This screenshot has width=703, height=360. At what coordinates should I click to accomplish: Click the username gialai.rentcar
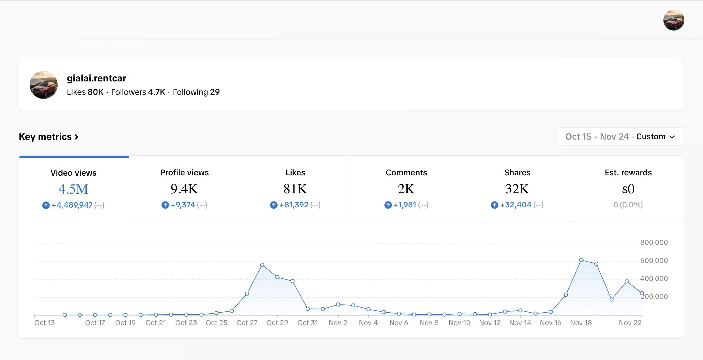coord(96,78)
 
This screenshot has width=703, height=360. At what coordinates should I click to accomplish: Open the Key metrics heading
coord(48,137)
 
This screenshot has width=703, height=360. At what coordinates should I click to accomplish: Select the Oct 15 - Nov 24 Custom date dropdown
coord(621,137)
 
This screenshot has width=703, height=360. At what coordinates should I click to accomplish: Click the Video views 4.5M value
coord(73,189)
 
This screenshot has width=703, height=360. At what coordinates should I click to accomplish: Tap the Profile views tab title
coord(184,172)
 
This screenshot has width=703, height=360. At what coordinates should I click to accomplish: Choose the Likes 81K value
coord(295,189)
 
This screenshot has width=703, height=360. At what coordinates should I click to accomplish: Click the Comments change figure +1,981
coord(405,205)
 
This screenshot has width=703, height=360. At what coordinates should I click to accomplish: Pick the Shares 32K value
coord(517,189)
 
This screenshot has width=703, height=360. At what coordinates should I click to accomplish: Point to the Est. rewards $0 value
coord(628,189)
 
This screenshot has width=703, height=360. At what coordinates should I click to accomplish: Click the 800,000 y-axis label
coord(654,243)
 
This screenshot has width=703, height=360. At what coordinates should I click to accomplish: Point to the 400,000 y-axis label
coord(654,279)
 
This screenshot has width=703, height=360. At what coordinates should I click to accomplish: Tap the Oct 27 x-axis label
coord(247,323)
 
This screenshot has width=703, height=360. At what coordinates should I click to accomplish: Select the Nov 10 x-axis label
coord(459,323)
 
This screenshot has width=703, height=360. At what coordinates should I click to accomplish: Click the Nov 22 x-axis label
coord(630,323)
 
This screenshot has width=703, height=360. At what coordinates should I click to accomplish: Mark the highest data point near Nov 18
coord(581,260)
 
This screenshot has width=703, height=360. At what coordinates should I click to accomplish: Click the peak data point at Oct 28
coord(262,265)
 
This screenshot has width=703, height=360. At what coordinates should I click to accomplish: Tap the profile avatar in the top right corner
coord(674,20)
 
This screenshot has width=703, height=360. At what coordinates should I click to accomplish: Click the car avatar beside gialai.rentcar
coord(44,85)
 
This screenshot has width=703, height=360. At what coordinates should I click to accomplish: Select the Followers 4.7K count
coord(138,92)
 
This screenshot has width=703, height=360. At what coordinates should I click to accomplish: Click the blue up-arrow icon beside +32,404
coord(494,205)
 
